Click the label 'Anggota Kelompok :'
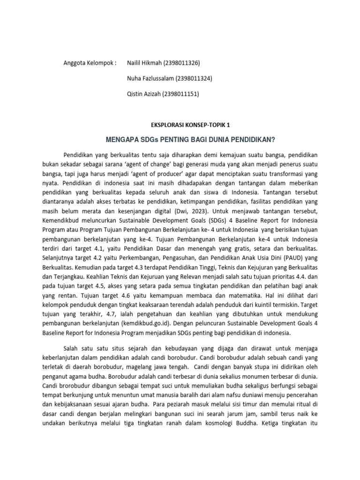coord(90,63)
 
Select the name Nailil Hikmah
coord(143,63)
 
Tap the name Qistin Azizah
coord(143,94)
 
